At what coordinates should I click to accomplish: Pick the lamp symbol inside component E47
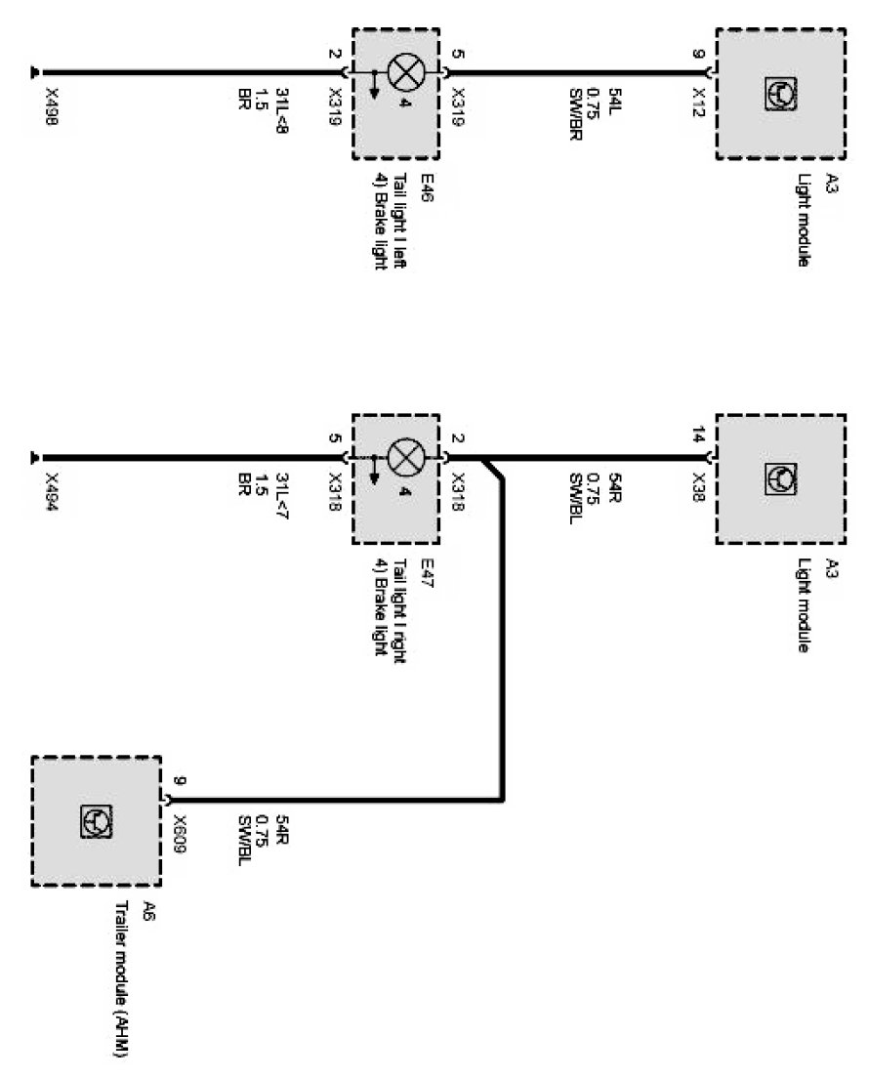click(402, 457)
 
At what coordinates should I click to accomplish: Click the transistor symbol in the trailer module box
click(97, 821)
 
